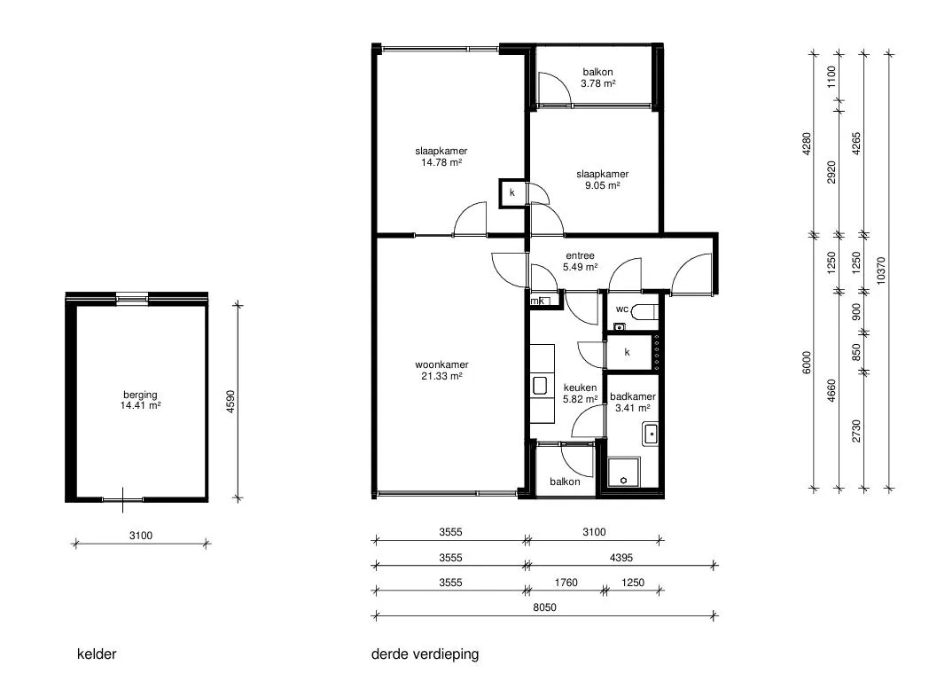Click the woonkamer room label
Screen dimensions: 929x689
coord(441,364)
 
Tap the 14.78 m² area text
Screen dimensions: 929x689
coord(441,162)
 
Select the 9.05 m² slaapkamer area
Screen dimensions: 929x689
coord(603,185)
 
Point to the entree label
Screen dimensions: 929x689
coord(580,256)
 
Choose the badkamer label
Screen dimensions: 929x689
coord(633,396)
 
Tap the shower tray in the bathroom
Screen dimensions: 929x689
coord(624,472)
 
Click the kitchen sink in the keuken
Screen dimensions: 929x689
coord(540,386)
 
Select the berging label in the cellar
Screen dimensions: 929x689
coord(140,395)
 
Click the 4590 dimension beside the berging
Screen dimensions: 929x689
coord(231,402)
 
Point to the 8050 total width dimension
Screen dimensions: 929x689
coord(544,607)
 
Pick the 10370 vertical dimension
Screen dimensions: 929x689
coord(881,270)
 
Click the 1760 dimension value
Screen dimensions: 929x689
coord(566,583)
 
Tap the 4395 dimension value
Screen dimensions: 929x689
coord(621,558)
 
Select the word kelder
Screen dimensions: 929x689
coord(97,654)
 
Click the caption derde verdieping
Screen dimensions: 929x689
coord(425,654)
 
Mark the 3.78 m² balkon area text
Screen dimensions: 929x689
coord(597,83)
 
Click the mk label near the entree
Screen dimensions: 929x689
coord(537,301)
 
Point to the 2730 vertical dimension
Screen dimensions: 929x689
coord(856,431)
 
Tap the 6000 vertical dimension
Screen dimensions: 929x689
coord(807,363)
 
